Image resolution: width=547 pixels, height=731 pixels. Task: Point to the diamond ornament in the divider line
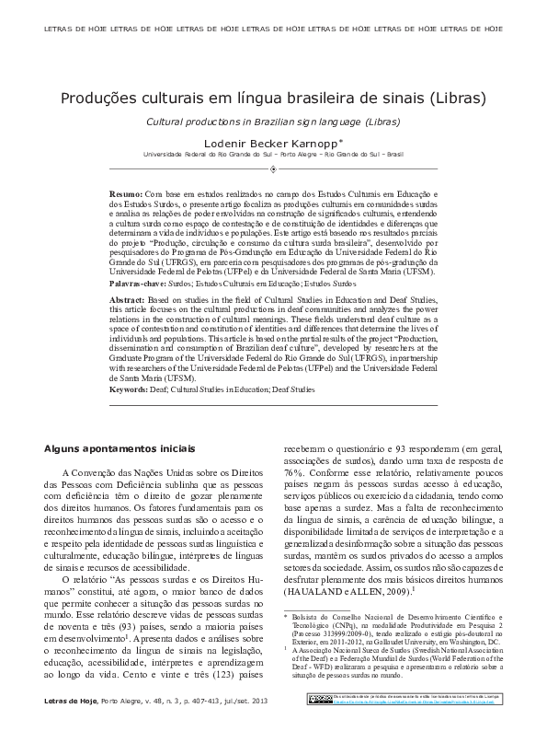pos(273,170)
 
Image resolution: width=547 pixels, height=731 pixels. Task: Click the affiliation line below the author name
pos(273,156)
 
